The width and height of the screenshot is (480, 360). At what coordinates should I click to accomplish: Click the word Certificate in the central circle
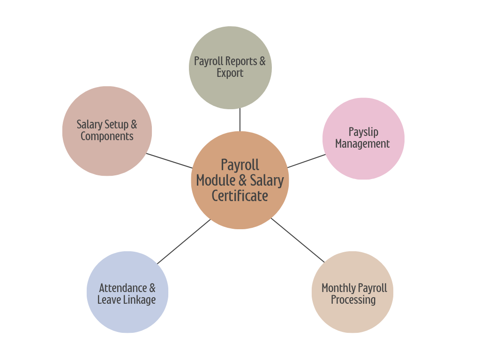(240, 196)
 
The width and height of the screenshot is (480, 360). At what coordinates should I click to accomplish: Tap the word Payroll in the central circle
(240, 165)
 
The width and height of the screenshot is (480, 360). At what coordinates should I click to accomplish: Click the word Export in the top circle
(230, 73)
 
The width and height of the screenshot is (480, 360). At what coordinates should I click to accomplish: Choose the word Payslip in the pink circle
(363, 132)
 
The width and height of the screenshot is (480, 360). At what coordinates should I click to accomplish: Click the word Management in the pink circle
(362, 144)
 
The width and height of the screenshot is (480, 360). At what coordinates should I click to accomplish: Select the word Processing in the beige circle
(353, 300)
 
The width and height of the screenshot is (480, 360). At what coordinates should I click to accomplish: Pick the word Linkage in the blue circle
(139, 300)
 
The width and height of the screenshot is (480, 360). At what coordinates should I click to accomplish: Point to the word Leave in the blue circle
(108, 300)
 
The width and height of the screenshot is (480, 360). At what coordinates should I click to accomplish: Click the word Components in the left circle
(107, 136)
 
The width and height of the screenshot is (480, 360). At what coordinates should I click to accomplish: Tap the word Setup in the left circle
(116, 125)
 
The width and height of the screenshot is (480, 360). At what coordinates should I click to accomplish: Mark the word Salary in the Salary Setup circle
(89, 125)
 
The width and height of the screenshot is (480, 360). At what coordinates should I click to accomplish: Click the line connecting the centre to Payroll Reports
(240, 120)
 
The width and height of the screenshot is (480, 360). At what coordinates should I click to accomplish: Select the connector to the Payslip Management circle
(306, 161)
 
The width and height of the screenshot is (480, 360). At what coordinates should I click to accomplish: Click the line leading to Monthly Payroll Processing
(297, 240)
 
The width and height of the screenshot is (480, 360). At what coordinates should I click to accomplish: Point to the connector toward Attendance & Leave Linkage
(184, 241)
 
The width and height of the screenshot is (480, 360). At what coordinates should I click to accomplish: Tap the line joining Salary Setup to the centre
(169, 161)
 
